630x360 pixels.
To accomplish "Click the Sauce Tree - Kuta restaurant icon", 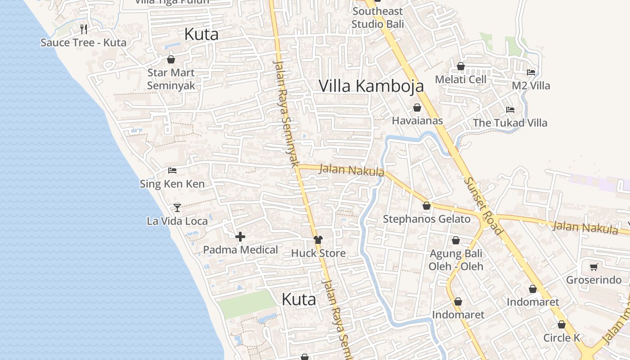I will (x=83, y=29).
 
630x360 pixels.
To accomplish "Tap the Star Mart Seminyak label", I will (x=171, y=79).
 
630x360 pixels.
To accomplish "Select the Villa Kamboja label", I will (x=371, y=85).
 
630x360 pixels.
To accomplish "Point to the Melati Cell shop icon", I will (x=461, y=66).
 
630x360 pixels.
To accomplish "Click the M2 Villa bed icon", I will (x=531, y=72).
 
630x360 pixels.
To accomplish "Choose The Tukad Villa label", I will (x=510, y=123).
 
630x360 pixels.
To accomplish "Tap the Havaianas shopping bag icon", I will (x=417, y=108).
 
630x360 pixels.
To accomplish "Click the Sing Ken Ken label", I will (x=172, y=184).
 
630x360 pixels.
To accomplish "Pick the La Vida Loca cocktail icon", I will (x=177, y=207).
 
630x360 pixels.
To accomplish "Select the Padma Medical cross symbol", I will (x=240, y=237).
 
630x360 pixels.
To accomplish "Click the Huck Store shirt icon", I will (x=318, y=239).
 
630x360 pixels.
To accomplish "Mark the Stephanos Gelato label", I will (x=427, y=219).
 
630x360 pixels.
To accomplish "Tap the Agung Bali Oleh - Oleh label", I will (x=456, y=260).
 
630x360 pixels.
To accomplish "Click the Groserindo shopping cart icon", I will (x=594, y=267).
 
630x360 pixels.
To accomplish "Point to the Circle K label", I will (x=562, y=337).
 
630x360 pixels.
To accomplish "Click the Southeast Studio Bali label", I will (x=378, y=18).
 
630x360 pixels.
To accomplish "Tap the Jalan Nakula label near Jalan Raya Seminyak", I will (x=351, y=171).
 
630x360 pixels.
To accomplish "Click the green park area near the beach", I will (x=247, y=304).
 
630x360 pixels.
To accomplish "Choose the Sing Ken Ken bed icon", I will (x=172, y=170).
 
